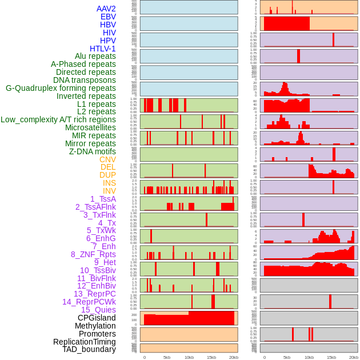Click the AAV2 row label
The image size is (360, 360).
(x=106, y=9)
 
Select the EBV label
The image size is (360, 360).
(x=108, y=17)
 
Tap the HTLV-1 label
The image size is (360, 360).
(x=103, y=49)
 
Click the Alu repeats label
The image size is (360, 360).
(x=95, y=57)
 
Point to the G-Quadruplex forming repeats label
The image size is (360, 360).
(x=61, y=89)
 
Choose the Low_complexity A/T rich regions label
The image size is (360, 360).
(x=58, y=120)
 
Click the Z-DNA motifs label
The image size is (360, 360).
(x=93, y=151)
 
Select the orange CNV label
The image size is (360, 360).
(x=107, y=159)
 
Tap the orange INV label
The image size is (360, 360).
(x=109, y=191)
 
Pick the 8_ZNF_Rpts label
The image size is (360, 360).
(x=93, y=254)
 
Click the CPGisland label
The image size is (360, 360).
(x=97, y=318)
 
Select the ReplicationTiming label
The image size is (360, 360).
(x=85, y=342)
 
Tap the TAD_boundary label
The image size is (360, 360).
(x=89, y=349)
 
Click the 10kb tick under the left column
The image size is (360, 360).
(x=189, y=358)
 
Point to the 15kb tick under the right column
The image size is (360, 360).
(x=331, y=358)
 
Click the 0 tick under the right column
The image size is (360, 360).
(x=264, y=358)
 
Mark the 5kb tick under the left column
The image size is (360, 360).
(x=166, y=358)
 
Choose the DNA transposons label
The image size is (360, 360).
(x=85, y=81)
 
